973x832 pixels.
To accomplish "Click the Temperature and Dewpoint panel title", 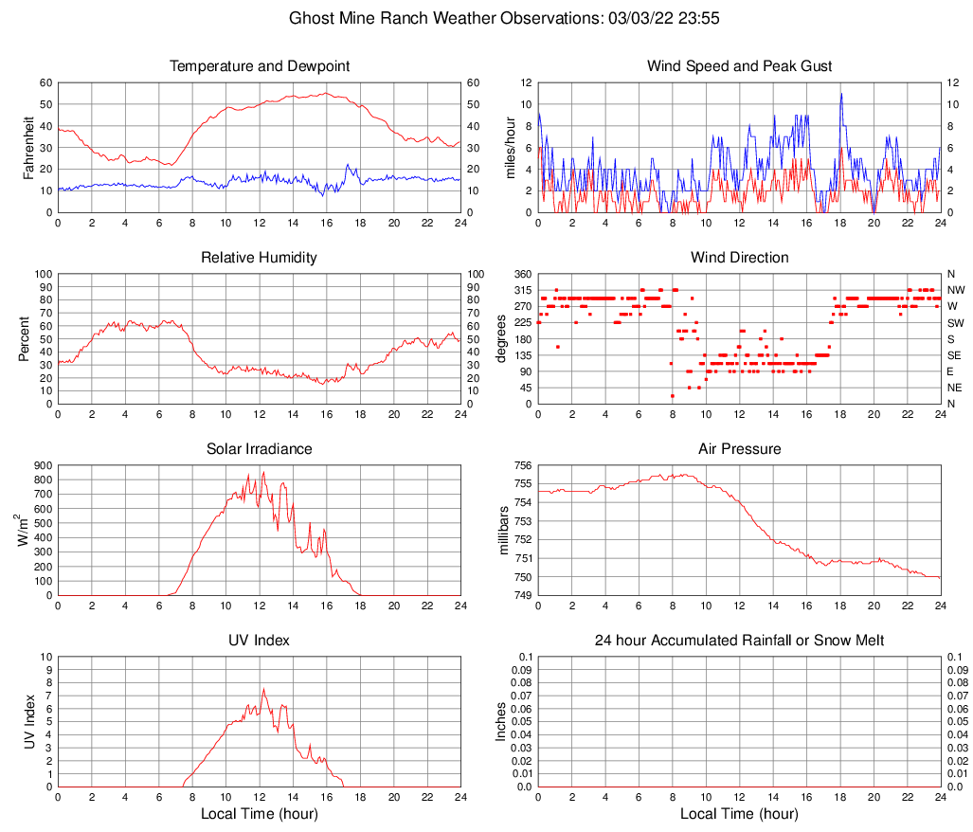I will coord(260,66).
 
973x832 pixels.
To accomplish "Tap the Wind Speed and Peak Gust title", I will coord(740,66).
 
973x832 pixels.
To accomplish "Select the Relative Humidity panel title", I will coord(260,258).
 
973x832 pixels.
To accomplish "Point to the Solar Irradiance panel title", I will coord(260,449).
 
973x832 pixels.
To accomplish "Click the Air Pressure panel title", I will coord(740,449).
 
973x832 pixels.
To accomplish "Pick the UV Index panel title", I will coord(260,641).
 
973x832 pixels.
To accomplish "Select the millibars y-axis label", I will coord(506,531).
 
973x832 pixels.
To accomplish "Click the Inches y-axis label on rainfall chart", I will coord(501,721).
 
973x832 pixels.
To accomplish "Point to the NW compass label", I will coord(956,290).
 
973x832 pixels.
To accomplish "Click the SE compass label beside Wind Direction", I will coord(955,355).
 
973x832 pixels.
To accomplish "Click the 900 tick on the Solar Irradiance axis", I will coord(43,465).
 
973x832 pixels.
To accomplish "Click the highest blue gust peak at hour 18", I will coord(840,94).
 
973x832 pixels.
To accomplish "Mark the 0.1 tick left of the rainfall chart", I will coord(526,657).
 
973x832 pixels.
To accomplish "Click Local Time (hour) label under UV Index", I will coord(260,814).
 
